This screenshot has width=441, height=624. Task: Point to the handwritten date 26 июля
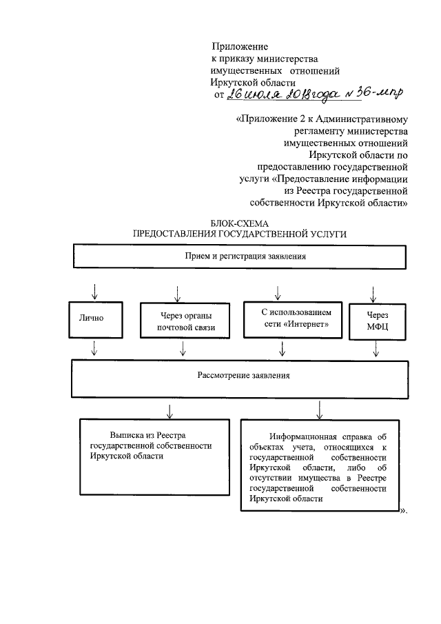[x=252, y=96]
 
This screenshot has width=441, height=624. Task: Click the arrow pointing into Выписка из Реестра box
[x=169, y=410]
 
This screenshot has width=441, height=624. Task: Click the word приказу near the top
[x=239, y=59]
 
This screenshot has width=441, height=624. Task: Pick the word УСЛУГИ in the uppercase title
[x=325, y=234]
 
